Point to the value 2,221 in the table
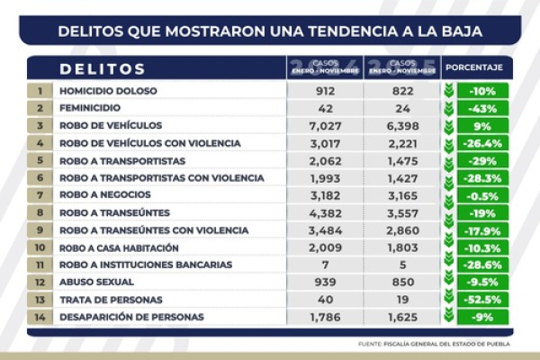[x=402, y=142]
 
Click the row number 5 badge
[x=40, y=160]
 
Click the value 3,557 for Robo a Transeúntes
[x=402, y=212]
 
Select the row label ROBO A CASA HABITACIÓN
[x=120, y=247]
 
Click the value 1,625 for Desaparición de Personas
[x=402, y=317]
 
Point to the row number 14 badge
[x=40, y=317]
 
